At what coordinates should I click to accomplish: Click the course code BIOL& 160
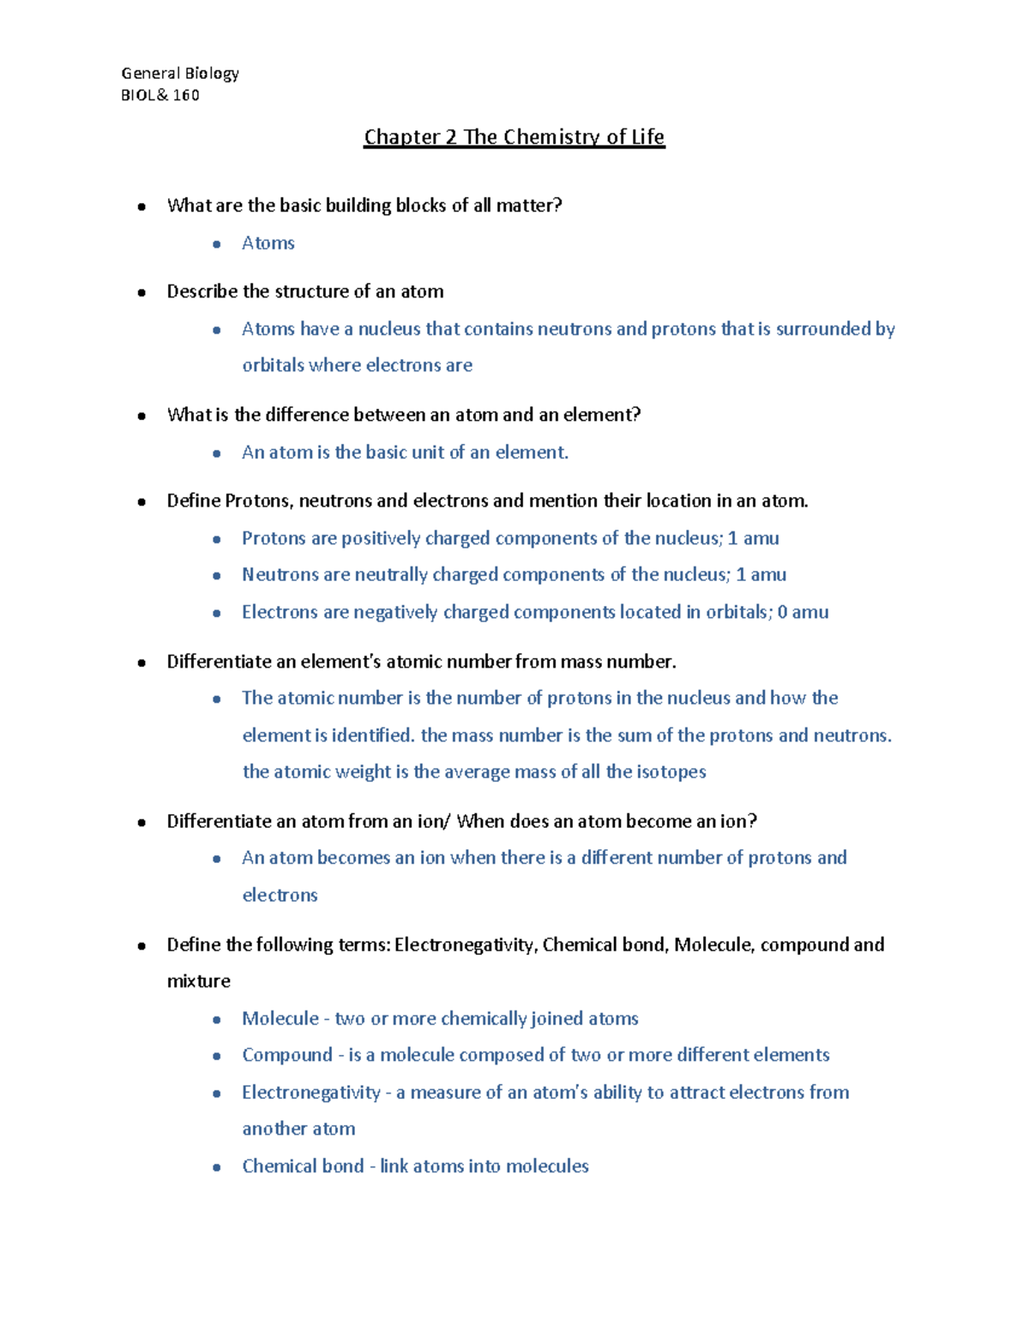tap(159, 95)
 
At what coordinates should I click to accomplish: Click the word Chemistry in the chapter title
tap(552, 137)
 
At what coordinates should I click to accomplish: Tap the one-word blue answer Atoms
tap(268, 243)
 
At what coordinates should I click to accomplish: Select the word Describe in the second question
tap(202, 291)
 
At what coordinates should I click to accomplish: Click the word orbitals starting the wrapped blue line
tap(273, 365)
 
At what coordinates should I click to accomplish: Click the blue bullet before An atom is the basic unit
tap(217, 453)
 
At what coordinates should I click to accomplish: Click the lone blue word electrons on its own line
tap(280, 895)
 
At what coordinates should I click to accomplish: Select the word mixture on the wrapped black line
tap(198, 981)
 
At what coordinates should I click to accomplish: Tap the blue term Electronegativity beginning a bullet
tap(310, 1093)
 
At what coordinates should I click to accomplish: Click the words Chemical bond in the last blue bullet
tap(303, 1166)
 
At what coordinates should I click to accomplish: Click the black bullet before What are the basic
tap(141, 207)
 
